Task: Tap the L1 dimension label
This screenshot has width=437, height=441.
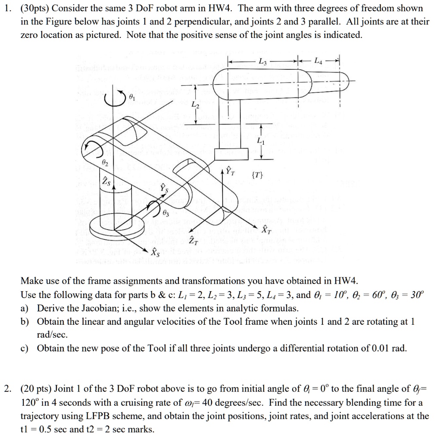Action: (x=259, y=141)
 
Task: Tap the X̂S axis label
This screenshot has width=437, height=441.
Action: (x=155, y=252)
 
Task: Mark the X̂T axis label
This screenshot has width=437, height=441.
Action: (x=267, y=229)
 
